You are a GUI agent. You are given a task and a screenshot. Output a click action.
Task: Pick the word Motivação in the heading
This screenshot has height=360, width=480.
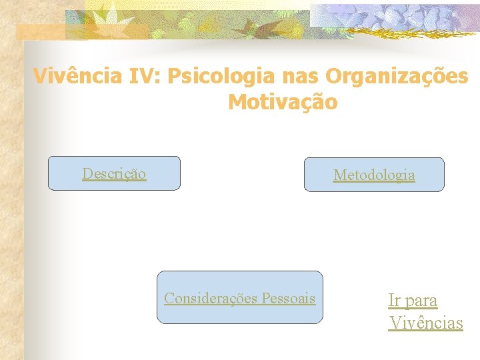click(283, 103)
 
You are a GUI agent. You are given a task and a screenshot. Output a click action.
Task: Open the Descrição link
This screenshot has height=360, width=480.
click(114, 174)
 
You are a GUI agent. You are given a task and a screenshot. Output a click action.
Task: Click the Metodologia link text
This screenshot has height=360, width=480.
click(374, 175)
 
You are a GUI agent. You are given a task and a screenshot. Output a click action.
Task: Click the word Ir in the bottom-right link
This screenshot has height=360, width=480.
click(395, 301)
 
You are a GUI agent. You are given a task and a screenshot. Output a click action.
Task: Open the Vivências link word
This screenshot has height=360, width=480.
click(426, 323)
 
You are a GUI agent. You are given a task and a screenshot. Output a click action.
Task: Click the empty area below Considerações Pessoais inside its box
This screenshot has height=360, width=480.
click(239, 314)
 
